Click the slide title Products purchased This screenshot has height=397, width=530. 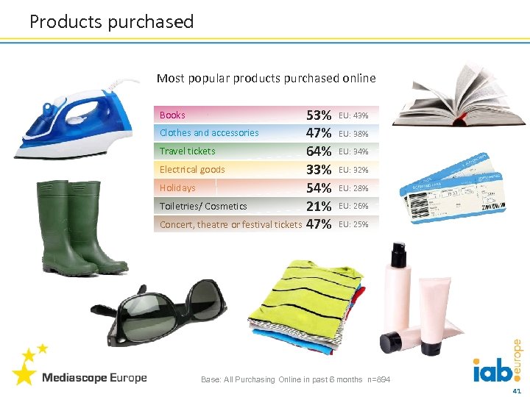click(x=111, y=22)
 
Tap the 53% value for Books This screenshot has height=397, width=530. click(x=318, y=115)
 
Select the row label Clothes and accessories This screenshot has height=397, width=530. click(x=209, y=133)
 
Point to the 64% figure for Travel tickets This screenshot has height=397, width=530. click(x=318, y=151)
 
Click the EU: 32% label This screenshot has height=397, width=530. click(x=353, y=170)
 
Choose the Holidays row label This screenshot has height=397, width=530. click(x=177, y=188)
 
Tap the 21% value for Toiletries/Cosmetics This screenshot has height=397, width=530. click(x=318, y=207)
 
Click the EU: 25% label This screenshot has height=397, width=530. click(x=353, y=224)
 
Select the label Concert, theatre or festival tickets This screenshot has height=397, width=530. click(x=230, y=224)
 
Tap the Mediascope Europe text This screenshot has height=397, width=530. click(x=94, y=378)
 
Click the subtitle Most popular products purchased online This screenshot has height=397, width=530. click(x=266, y=78)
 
